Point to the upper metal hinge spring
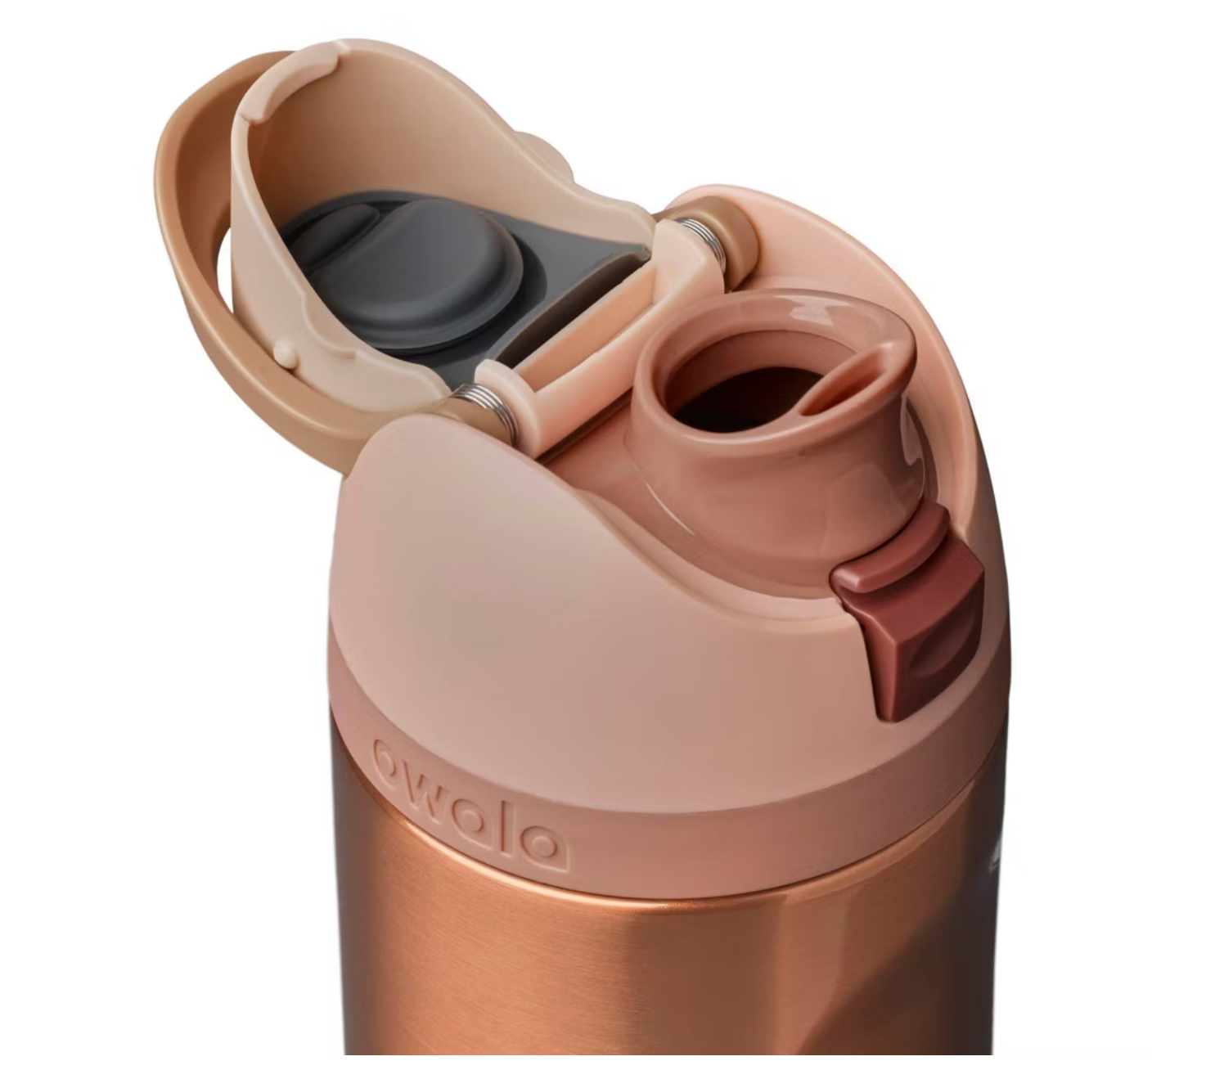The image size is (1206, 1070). tap(700, 241)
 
